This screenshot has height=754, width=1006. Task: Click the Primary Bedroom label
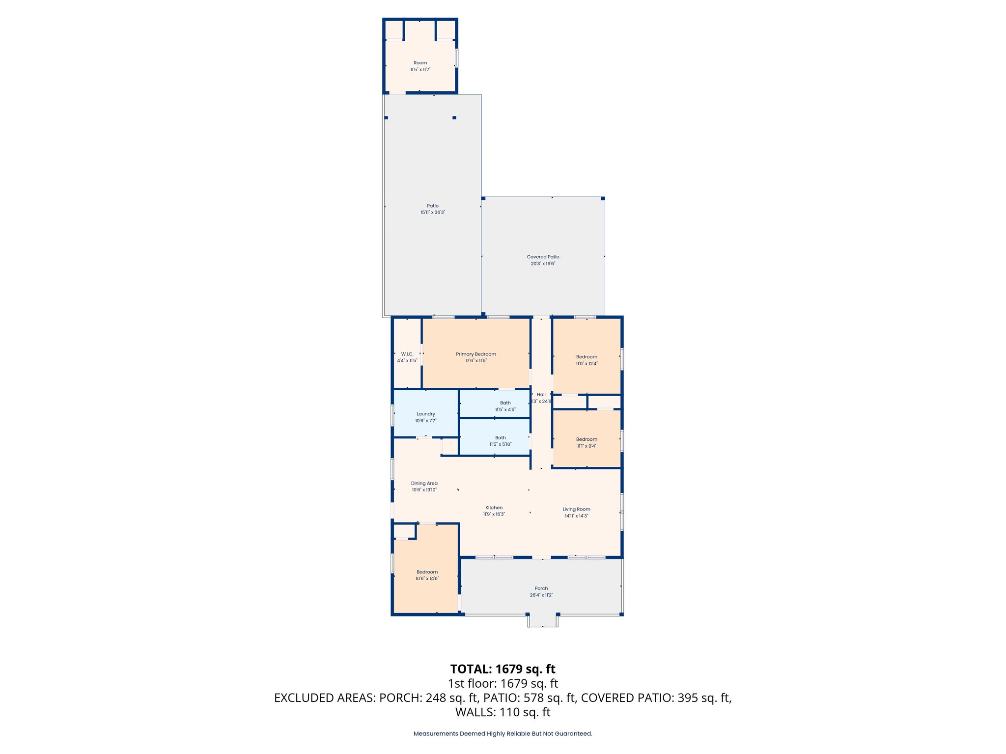click(x=475, y=354)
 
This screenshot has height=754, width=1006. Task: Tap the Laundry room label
click(x=425, y=414)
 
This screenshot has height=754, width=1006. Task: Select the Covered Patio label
click(x=543, y=257)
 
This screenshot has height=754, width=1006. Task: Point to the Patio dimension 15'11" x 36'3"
click(x=432, y=213)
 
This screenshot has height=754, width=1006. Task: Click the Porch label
click(x=541, y=588)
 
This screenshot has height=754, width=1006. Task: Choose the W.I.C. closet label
click(x=407, y=354)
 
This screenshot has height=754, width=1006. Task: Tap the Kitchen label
click(x=494, y=508)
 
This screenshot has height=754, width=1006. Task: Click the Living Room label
click(x=576, y=509)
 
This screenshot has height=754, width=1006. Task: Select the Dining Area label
click(x=424, y=483)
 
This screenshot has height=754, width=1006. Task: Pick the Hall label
click(x=541, y=394)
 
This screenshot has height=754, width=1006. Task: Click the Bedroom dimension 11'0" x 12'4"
click(x=587, y=364)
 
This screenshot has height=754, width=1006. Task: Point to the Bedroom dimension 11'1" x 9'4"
click(x=587, y=446)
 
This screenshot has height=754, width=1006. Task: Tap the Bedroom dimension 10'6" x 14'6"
click(x=427, y=579)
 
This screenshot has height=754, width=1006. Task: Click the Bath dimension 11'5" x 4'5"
click(x=505, y=409)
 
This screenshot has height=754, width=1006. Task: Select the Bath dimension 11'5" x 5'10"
click(x=500, y=444)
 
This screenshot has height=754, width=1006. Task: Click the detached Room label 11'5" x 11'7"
click(x=420, y=63)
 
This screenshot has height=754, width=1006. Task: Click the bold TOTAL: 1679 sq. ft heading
click(x=503, y=669)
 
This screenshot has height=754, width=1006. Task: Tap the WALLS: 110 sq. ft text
click(x=503, y=712)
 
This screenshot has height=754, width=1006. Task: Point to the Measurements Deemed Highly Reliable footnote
click(x=503, y=734)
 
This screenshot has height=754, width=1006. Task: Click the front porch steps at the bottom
click(x=542, y=621)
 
